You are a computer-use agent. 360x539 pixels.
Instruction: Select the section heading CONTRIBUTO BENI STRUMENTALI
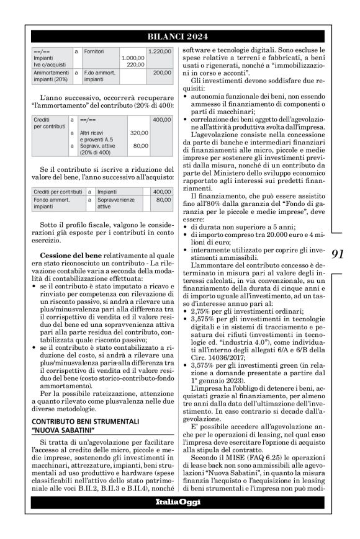(76, 387)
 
